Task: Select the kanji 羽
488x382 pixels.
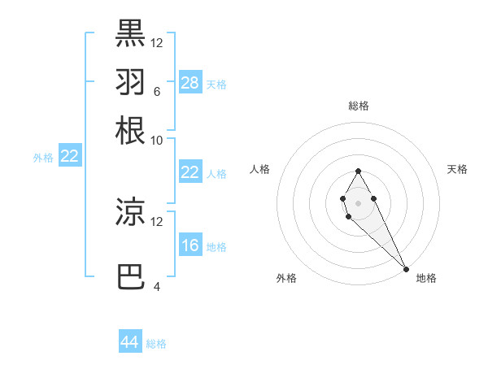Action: pyautogui.click(x=130, y=81)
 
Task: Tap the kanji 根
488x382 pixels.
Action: pyautogui.click(x=130, y=130)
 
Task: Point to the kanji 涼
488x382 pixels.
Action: pyautogui.click(x=130, y=211)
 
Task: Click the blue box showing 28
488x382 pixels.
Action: pyautogui.click(x=190, y=83)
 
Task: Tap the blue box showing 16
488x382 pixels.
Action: pyautogui.click(x=190, y=245)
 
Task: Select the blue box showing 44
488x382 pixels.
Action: pyautogui.click(x=130, y=342)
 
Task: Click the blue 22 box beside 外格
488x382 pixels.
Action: pyautogui.click(x=69, y=157)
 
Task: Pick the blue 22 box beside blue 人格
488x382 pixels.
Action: pyautogui.click(x=190, y=172)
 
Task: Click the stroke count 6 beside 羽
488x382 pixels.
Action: pyautogui.click(x=156, y=91)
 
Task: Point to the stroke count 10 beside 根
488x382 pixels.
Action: pyautogui.click(x=157, y=140)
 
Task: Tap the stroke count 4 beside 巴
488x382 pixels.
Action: pyautogui.click(x=156, y=286)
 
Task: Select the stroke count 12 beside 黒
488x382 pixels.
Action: pyautogui.click(x=157, y=42)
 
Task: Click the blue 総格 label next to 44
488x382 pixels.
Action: pyautogui.click(x=156, y=344)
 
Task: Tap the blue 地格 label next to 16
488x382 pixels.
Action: pyautogui.click(x=216, y=247)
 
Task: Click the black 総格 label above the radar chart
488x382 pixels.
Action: pyautogui.click(x=358, y=106)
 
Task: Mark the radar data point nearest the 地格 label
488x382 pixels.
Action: pyautogui.click(x=405, y=269)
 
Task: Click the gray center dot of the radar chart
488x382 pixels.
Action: pyautogui.click(x=358, y=202)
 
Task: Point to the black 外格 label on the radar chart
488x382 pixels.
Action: pyautogui.click(x=286, y=278)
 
